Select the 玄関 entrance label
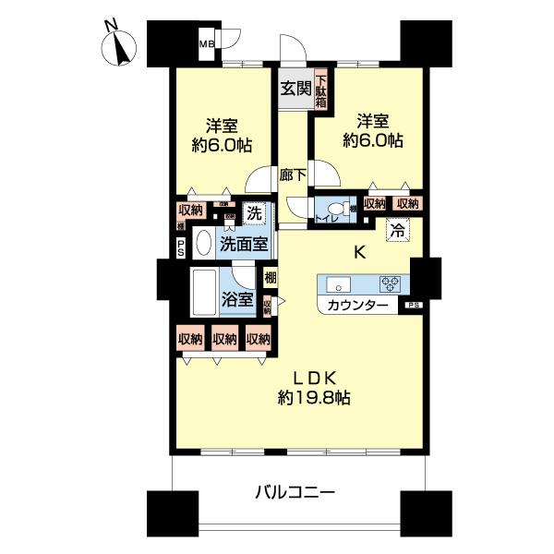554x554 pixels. (x=295, y=90)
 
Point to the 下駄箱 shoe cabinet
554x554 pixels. (x=320, y=90)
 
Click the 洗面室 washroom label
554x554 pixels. (x=244, y=245)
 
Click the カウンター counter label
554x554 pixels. (x=351, y=305)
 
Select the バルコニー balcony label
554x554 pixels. (x=295, y=492)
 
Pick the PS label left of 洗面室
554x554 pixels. (x=181, y=246)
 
